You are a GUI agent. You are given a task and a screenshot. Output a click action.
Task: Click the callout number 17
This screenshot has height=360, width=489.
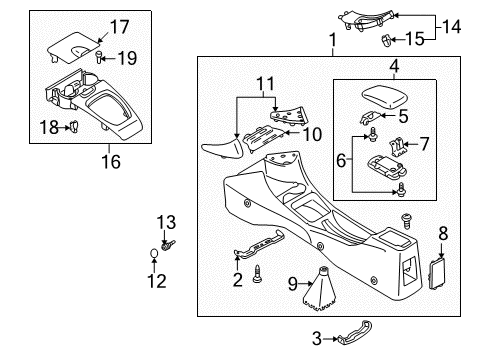click(119, 27)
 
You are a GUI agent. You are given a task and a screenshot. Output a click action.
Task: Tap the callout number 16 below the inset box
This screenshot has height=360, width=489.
click(111, 162)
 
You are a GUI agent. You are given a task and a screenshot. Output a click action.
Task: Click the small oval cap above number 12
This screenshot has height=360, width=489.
click(154, 253)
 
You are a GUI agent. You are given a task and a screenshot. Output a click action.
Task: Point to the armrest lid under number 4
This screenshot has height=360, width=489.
click(385, 96)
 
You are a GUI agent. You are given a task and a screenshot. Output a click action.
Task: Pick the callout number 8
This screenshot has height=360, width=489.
click(443, 233)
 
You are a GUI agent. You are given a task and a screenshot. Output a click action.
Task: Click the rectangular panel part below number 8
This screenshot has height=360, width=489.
click(437, 275)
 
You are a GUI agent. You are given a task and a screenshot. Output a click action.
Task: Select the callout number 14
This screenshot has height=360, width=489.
click(452, 27)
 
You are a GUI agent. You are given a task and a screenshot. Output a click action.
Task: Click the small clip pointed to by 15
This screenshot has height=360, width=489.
click(385, 41)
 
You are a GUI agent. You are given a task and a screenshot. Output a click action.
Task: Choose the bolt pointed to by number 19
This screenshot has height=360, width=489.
click(99, 57)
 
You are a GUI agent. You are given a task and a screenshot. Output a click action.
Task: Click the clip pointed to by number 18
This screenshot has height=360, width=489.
click(74, 127)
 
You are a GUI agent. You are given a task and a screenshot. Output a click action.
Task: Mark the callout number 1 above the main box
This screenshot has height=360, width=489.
click(333, 40)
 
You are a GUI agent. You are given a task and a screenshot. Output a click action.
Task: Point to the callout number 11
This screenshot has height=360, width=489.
click(266, 83)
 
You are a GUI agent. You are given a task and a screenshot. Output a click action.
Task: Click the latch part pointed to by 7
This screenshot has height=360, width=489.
click(398, 147)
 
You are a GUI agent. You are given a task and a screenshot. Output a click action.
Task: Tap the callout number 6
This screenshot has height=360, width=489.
click(341, 160)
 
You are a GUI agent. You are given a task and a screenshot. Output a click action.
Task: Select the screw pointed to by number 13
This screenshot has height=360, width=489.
click(168, 245)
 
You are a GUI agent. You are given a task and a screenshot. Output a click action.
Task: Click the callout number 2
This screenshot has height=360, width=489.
click(237, 280)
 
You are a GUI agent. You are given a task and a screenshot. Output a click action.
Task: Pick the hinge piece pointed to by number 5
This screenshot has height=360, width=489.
click(370, 117)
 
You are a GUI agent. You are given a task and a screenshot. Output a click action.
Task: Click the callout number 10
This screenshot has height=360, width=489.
click(312, 134)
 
